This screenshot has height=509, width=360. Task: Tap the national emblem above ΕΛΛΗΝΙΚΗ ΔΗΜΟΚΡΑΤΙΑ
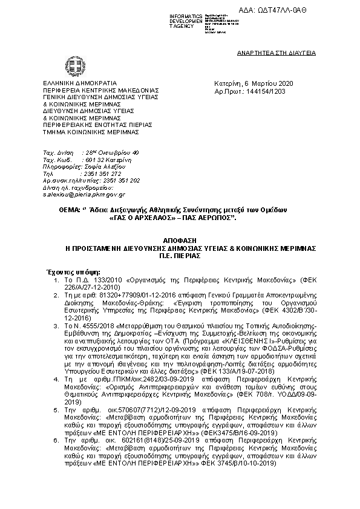[71, 65]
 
